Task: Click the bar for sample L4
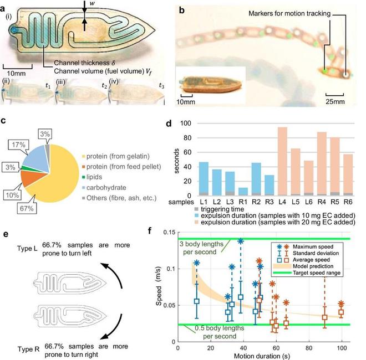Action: [282, 161]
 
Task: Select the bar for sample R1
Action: [243, 192]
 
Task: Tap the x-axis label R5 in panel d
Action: [335, 202]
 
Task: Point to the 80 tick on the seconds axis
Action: [186, 138]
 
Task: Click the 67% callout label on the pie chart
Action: [27, 208]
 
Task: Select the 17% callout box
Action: [19, 145]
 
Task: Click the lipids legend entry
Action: [92, 177]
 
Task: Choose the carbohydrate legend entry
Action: [104, 187]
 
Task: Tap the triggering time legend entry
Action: [219, 209]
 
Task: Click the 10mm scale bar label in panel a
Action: [16, 74]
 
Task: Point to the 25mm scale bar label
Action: [335, 101]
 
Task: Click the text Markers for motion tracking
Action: [289, 13]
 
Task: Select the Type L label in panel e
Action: [27, 248]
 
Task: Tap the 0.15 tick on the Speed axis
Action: [169, 233]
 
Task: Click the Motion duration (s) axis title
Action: [262, 356]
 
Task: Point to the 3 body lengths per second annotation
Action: [201, 248]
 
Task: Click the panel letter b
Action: [181, 11]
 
